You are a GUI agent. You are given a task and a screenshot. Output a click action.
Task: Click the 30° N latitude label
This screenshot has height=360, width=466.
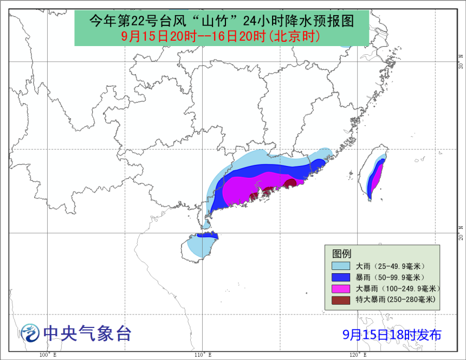point(461,59)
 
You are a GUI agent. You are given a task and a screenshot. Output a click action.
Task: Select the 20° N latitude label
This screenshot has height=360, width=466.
point(461,232)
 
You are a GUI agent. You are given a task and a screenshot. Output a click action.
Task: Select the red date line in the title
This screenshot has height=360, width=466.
point(221,36)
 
